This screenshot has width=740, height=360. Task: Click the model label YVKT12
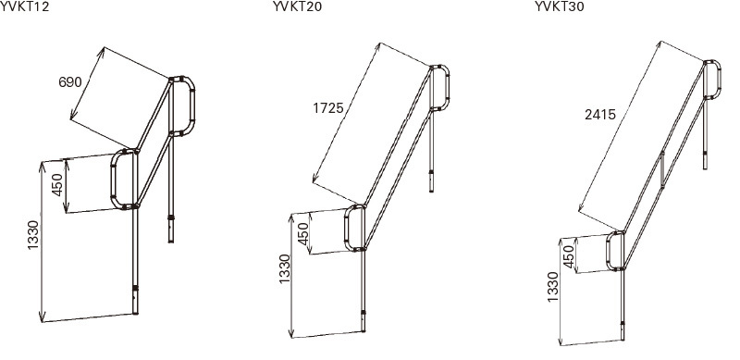(25, 6)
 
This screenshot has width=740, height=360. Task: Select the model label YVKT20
(297, 6)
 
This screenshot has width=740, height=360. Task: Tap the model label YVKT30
(560, 6)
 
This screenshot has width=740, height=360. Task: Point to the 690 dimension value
(70, 82)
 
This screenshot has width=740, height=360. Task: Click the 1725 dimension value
(328, 108)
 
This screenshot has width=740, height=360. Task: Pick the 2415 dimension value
(600, 115)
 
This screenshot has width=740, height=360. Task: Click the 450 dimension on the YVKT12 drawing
(57, 185)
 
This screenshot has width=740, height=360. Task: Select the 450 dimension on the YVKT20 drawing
(303, 233)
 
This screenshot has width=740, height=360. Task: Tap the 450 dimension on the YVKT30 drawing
(570, 257)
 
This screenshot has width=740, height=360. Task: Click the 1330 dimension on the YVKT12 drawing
(32, 235)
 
